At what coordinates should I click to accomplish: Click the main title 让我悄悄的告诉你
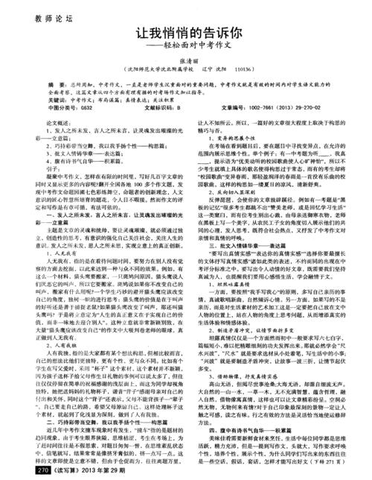tap(186, 37)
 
